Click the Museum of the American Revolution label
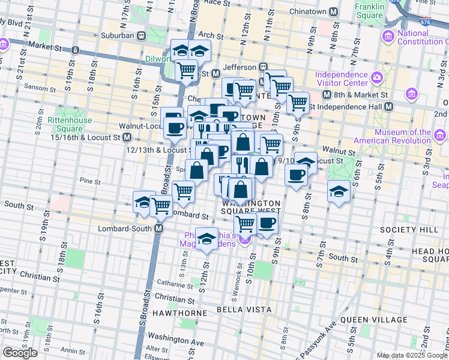pos(408,136)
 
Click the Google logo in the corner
pos(20,353)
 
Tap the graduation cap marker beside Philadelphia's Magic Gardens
pos(206,239)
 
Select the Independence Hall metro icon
pos(388,106)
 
